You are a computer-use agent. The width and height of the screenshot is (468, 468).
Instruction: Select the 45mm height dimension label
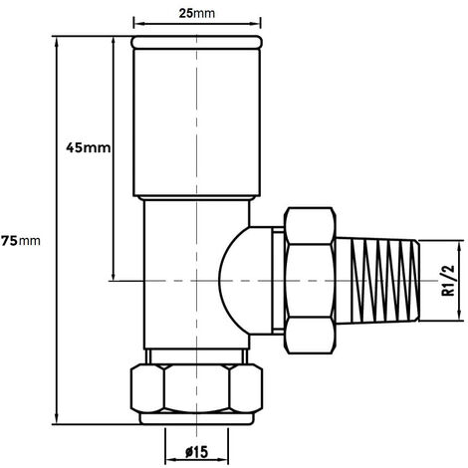pos(85,147)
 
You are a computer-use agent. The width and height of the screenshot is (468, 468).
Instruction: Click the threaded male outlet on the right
pos(387,280)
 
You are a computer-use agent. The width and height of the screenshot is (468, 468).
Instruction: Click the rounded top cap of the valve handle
pos(197,45)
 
